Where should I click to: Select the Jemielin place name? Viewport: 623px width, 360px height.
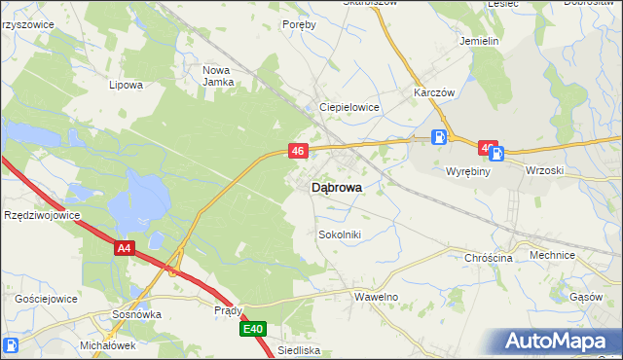pos(479,42)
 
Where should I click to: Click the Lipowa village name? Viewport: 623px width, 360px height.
pos(127,85)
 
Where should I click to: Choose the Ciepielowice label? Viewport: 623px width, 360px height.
pos(349,107)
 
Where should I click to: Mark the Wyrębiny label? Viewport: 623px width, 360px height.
pos(468,170)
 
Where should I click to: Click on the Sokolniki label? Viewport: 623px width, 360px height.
pos(340,234)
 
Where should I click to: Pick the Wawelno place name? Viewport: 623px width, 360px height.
pos(377,296)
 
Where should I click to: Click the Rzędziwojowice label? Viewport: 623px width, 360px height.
pos(42,215)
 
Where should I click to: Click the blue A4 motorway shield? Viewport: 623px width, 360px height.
pos(123,249)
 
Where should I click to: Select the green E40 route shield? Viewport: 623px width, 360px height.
pos(253,330)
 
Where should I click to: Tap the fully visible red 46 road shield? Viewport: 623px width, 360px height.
pos(299,151)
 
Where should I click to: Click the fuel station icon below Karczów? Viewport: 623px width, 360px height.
pos(440,137)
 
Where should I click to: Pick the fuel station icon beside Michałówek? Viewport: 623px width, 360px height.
pos(11,345)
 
